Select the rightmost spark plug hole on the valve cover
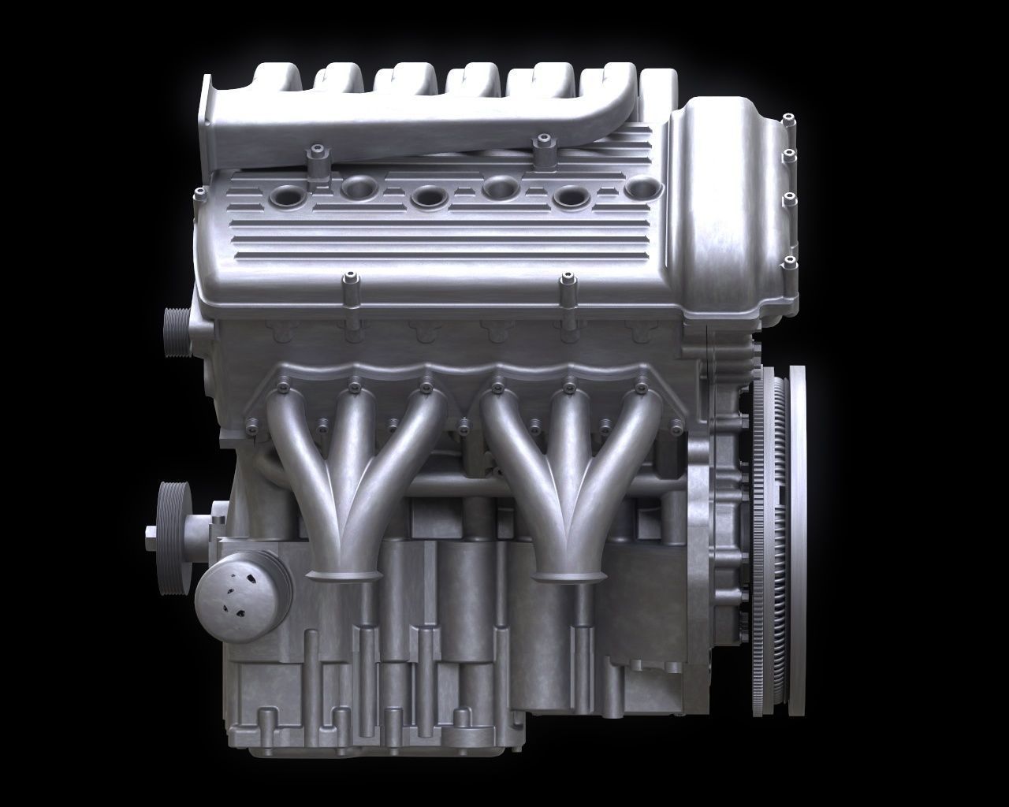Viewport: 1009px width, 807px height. (644, 188)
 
